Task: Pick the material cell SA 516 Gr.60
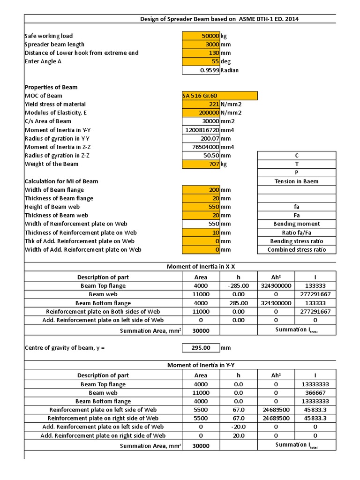click(219, 96)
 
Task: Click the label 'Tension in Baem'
click(296, 181)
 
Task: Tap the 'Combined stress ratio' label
click(296, 250)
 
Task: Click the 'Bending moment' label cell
click(296, 224)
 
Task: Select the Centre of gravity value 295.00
click(201, 348)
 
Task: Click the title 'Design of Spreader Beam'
click(219, 19)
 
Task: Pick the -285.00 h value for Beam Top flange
click(238, 286)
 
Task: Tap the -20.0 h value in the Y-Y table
click(238, 427)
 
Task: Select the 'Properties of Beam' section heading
click(51, 87)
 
